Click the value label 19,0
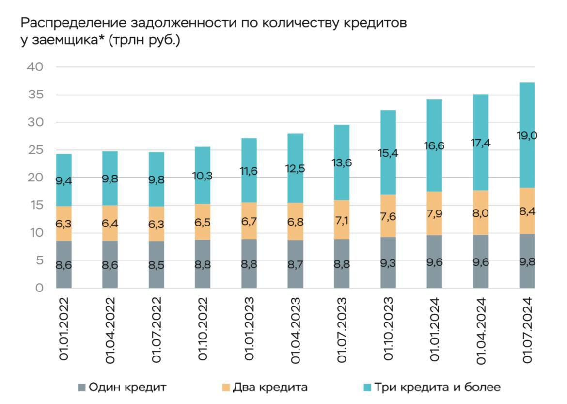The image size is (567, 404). coord(527,136)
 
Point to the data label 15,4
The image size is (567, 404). coord(389,154)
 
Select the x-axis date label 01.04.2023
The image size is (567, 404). coord(296,330)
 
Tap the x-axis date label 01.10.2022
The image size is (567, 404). coord(203,330)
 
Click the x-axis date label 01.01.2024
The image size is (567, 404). coord(435,330)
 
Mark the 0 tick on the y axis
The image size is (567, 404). coord(39,289)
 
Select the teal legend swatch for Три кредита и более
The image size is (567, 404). coord(367,387)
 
